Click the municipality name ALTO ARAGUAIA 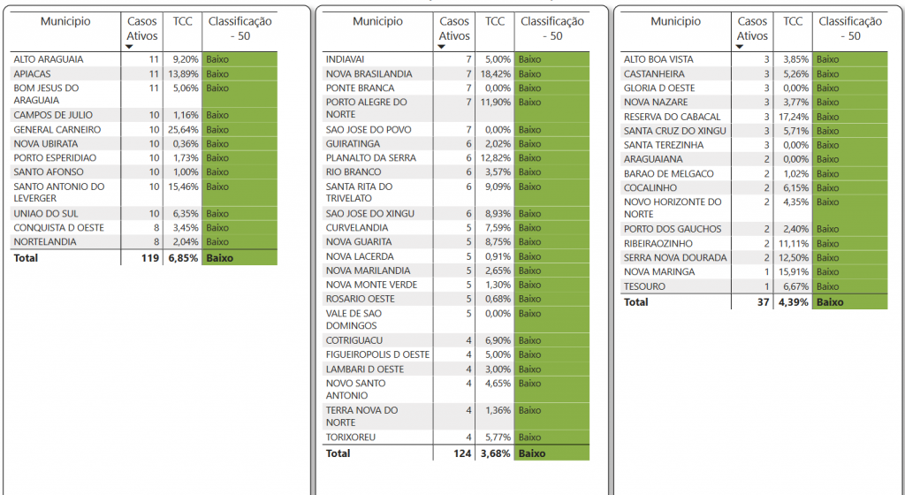pos(49,59)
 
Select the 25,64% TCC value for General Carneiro pos(182,130)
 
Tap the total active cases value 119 pos(147,258)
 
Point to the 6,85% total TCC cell pos(182,258)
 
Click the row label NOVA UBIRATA pos(44,144)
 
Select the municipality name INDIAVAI pos(345,59)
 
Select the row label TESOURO pos(645,286)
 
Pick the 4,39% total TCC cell pos(794,302)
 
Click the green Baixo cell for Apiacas pos(240,74)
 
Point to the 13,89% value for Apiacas pos(182,74)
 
